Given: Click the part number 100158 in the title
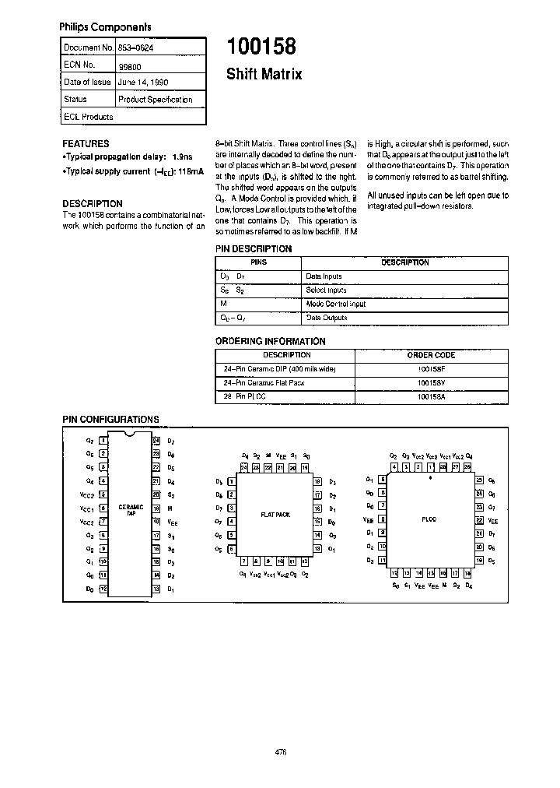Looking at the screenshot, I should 261,47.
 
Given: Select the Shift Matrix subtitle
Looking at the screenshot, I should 264,75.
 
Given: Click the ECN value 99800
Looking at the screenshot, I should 128,65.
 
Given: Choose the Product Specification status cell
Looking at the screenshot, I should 155,100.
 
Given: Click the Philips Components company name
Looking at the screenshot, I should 105,27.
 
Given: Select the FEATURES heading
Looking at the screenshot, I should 86,144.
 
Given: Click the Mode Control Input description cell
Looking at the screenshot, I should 335,304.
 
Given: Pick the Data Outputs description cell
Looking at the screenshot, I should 326,318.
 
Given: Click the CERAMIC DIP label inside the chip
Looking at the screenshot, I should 131,510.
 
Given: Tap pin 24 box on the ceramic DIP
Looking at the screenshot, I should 156,441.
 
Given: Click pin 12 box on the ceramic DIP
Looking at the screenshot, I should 103,589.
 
